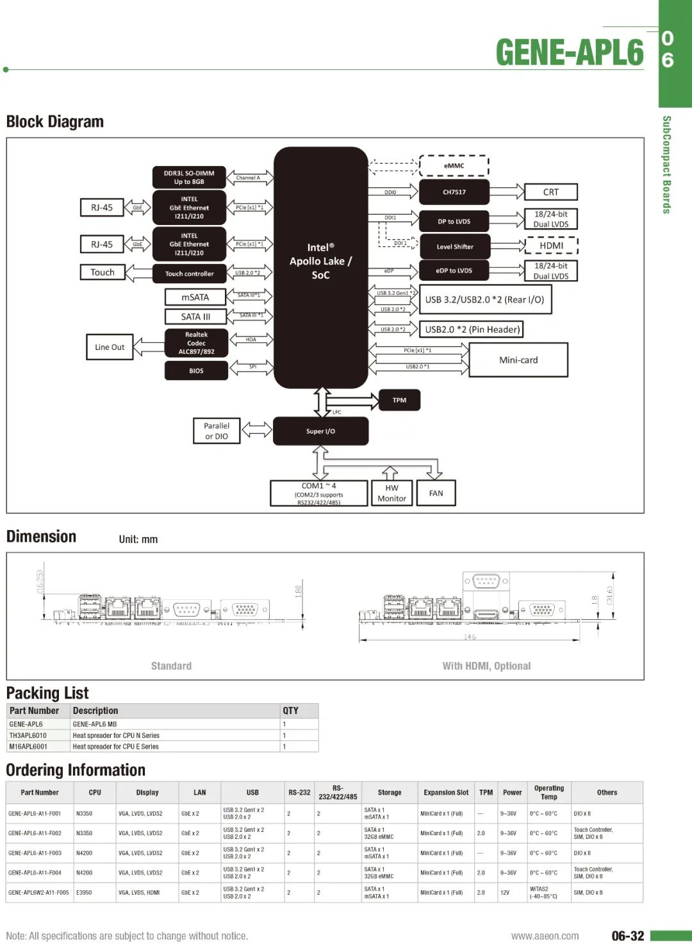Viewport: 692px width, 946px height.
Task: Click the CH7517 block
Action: [x=454, y=192]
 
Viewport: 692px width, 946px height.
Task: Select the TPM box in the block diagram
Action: [x=399, y=401]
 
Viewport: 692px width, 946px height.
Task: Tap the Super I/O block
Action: [x=320, y=431]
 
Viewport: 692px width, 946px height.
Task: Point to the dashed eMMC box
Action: [x=454, y=165]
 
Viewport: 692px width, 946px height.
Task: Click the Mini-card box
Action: [x=518, y=360]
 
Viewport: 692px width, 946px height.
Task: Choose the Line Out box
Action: [x=110, y=347]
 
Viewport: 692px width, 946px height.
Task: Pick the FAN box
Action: [x=436, y=494]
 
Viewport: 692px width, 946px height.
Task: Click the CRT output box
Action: [x=550, y=192]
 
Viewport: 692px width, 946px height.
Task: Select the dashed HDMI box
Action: [x=551, y=245]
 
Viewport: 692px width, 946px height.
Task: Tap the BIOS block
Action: [x=196, y=370]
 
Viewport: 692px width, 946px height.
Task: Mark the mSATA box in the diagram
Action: [x=195, y=297]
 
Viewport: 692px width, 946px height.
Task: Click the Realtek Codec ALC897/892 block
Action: [x=196, y=343]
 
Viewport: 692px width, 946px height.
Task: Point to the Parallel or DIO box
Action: [x=217, y=431]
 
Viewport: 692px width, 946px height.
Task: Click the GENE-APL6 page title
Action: [x=569, y=53]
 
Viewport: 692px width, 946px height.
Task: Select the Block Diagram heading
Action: [x=55, y=122]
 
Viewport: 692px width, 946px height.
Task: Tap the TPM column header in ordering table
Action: [x=486, y=793]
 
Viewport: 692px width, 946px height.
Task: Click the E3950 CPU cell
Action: [x=84, y=893]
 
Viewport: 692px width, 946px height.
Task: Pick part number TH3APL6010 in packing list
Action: [x=28, y=736]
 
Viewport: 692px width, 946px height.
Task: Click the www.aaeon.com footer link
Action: [x=545, y=936]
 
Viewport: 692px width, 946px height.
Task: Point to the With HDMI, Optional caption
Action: [x=486, y=666]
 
